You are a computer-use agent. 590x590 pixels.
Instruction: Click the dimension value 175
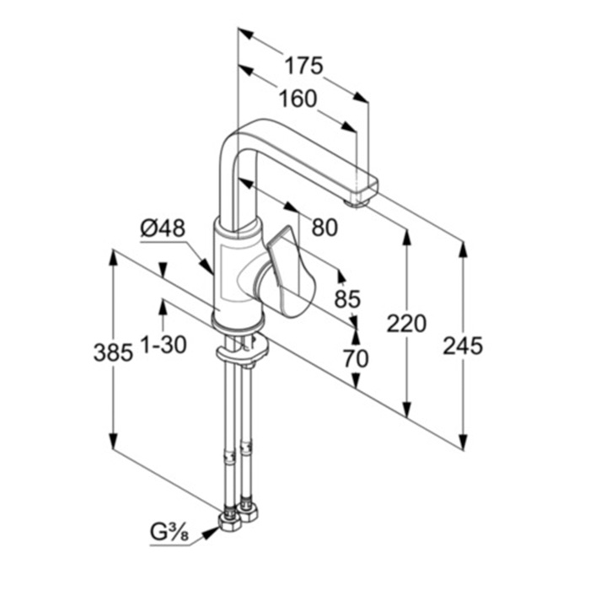(303, 66)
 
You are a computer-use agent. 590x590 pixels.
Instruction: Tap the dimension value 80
(324, 227)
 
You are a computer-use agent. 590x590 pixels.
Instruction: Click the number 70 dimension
(356, 358)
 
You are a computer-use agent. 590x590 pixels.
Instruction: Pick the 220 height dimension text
(406, 323)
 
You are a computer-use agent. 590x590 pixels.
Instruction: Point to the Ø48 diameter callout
(164, 228)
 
